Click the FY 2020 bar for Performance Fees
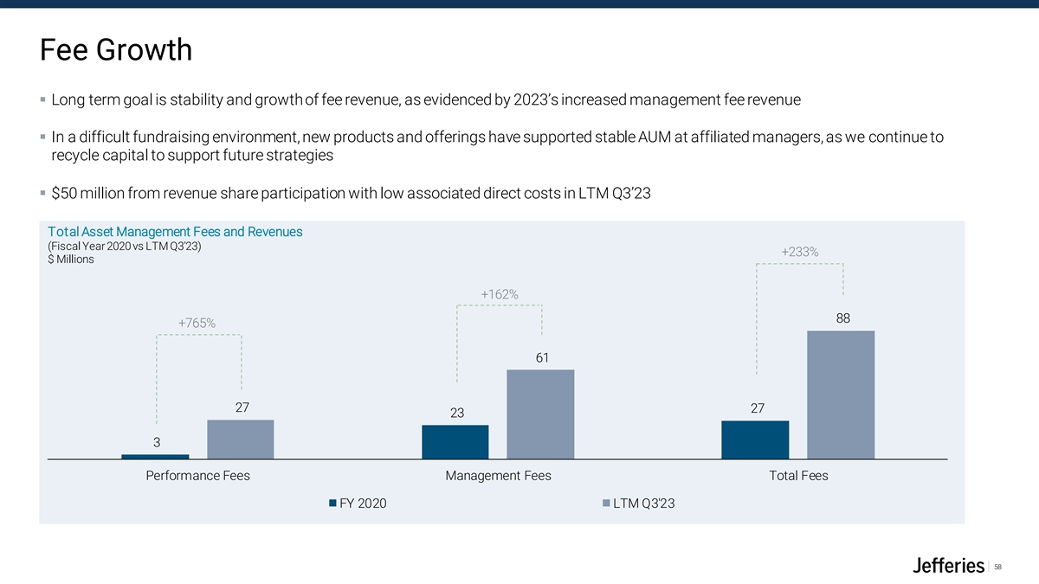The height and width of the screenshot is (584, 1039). [155, 456]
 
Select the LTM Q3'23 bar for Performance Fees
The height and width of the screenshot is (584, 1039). [241, 439]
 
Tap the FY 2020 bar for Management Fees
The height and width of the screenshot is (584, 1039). [455, 441]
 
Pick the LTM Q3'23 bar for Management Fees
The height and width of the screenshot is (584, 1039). [540, 414]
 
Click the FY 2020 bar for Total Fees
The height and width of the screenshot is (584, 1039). [755, 440]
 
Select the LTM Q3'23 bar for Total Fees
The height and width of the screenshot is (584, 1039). [841, 395]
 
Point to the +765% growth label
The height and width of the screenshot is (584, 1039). [197, 323]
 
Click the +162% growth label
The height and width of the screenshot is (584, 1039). [500, 294]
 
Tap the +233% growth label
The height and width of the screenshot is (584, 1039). [800, 252]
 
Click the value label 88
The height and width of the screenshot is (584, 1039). [843, 318]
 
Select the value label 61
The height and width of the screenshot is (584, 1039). [542, 357]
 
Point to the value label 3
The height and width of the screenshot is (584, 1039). [157, 442]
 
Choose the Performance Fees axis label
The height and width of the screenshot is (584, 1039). [197, 475]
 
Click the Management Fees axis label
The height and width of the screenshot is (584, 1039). [498, 475]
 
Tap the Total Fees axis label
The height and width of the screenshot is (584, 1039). [798, 475]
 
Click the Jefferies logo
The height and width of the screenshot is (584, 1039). [949, 566]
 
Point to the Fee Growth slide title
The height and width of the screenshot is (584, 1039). [115, 50]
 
